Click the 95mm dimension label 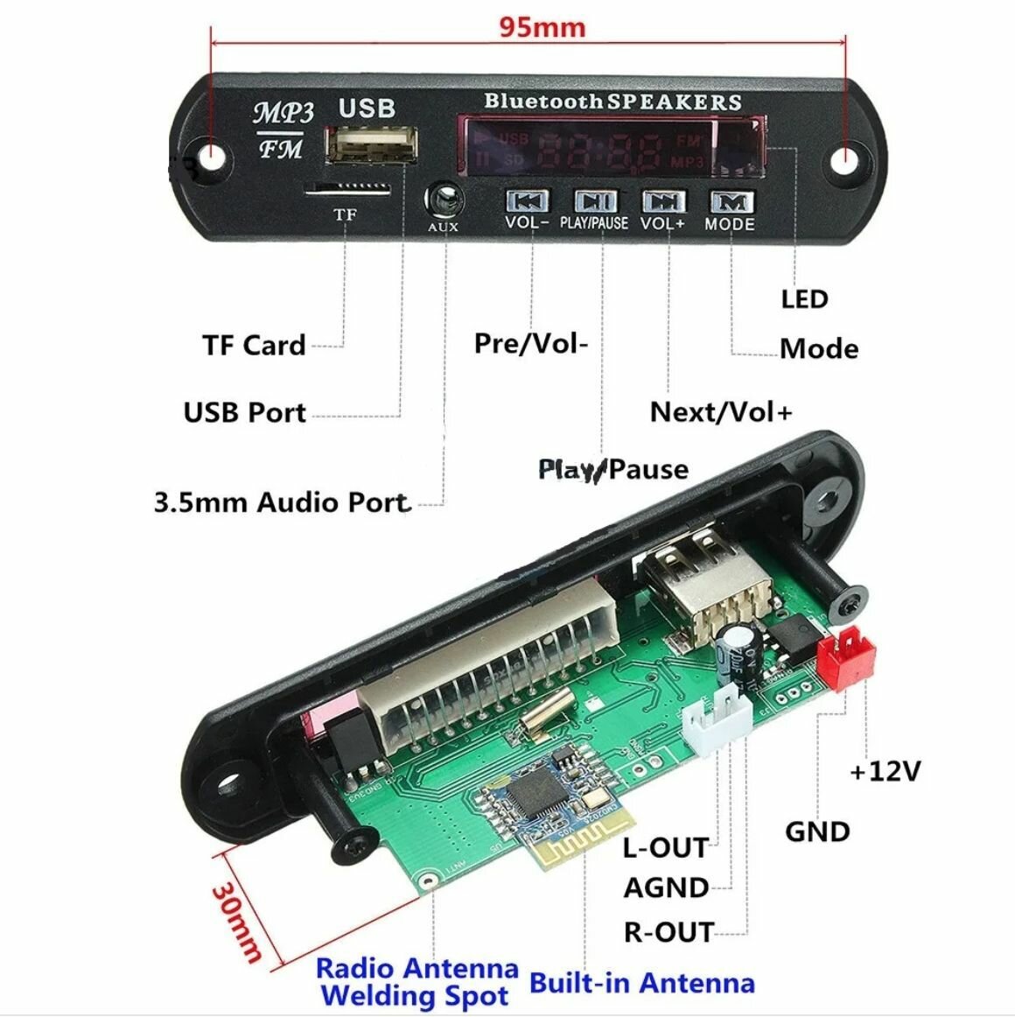542,26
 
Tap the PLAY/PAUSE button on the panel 594,202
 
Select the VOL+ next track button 663,202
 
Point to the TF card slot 346,187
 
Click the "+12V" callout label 885,771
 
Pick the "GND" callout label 817,831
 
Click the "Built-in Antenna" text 641,983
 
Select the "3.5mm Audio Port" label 282,502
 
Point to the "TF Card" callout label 254,345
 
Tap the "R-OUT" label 668,932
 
